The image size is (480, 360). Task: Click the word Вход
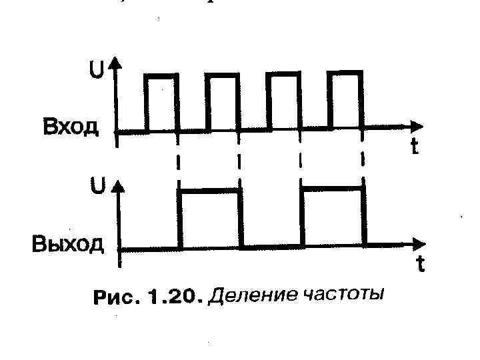(x=71, y=127)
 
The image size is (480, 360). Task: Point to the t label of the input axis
(x=414, y=147)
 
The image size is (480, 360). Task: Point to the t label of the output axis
(x=420, y=265)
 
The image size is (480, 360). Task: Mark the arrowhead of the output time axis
(x=418, y=243)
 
